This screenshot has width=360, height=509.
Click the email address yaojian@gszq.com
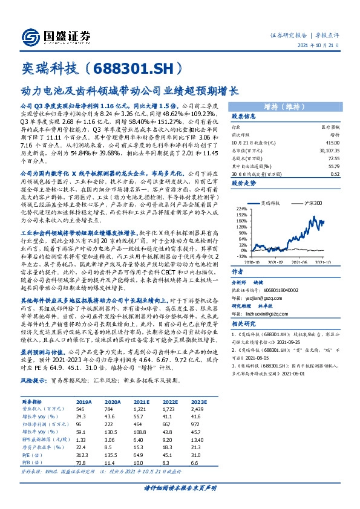coord(263,281)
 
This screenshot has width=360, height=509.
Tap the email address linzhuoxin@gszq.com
coord(266,297)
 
